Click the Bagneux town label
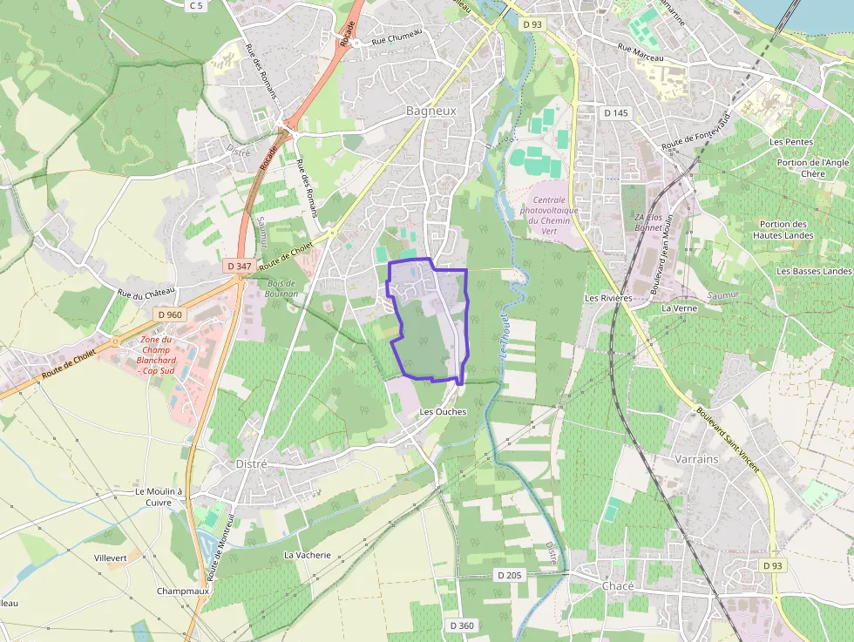point(430,111)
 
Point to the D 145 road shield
point(615,112)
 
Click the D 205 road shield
point(509,575)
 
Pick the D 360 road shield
point(462,625)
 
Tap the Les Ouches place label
point(443,411)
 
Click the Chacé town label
point(618,586)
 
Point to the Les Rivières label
point(608,298)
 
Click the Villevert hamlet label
point(111,557)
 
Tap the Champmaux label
point(182,591)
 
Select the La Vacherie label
point(308,555)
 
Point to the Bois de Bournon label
point(281,288)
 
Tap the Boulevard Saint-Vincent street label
point(727,443)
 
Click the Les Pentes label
point(791,141)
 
